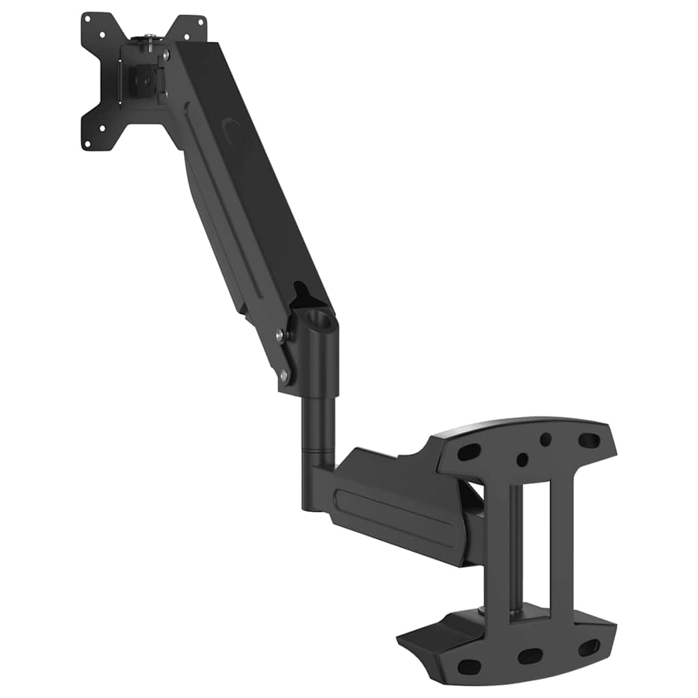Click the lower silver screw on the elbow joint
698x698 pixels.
(x=284, y=374)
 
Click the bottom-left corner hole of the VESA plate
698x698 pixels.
(x=87, y=143)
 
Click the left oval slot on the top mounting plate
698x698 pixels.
(x=468, y=452)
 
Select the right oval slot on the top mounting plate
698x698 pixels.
(x=589, y=440)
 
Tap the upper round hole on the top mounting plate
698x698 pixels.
(x=545, y=440)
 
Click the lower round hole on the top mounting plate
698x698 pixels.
(x=521, y=459)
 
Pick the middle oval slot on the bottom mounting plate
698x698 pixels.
(x=530, y=656)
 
